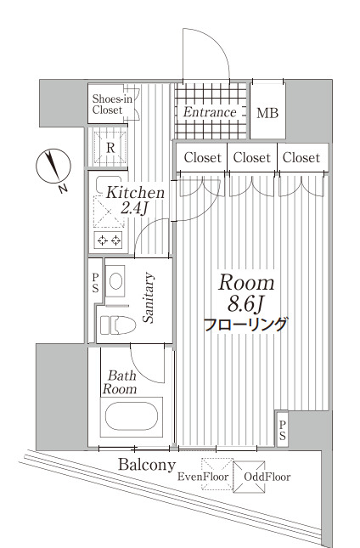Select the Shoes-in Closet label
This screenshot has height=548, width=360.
pyautogui.click(x=112, y=104)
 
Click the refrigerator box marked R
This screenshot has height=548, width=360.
pyautogui.click(x=111, y=146)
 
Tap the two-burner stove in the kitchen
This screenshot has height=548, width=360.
pyautogui.click(x=110, y=240)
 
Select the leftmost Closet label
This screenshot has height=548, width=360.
pyautogui.click(x=202, y=157)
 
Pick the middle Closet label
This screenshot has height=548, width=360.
pyautogui.click(x=252, y=157)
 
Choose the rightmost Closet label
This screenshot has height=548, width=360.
pyautogui.click(x=301, y=157)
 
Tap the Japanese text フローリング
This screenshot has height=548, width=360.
pyautogui.click(x=246, y=324)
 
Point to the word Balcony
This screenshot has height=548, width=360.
pyautogui.click(x=147, y=465)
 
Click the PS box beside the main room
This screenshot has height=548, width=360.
pyautogui.click(x=282, y=429)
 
